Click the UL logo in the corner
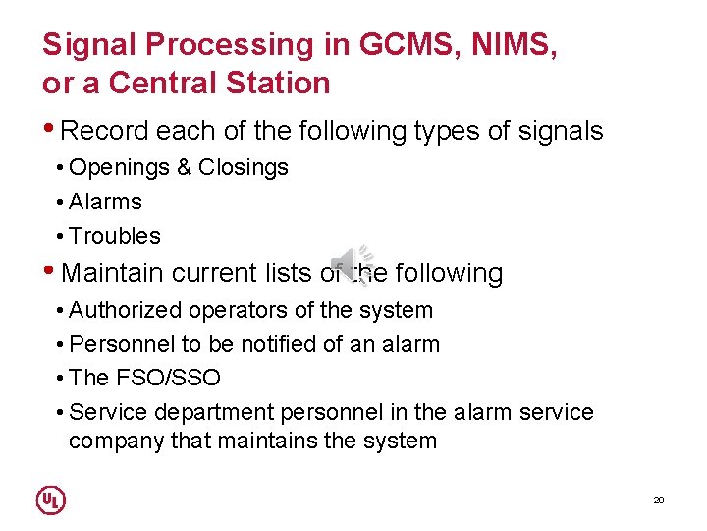(x=51, y=500)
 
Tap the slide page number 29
(x=659, y=501)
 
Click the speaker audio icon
(x=352, y=263)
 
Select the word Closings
(x=243, y=167)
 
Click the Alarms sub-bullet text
(x=106, y=202)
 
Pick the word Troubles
(x=115, y=236)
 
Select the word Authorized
(x=126, y=310)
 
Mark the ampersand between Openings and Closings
(x=185, y=167)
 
